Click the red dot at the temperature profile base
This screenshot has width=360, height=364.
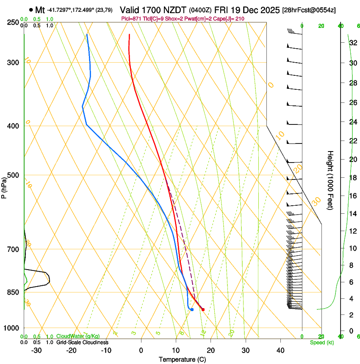[203, 309]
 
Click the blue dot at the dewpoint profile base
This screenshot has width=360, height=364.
[192, 309]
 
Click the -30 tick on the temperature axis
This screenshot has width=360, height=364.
[36, 350]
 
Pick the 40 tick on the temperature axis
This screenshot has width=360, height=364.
[280, 350]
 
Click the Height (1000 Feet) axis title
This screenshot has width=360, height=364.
[331, 180]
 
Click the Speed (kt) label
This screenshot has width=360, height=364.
[322, 342]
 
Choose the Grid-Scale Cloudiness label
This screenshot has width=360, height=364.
[82, 342]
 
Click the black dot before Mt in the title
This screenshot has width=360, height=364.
[31, 10]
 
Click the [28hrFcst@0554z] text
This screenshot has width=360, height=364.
[309, 10]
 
